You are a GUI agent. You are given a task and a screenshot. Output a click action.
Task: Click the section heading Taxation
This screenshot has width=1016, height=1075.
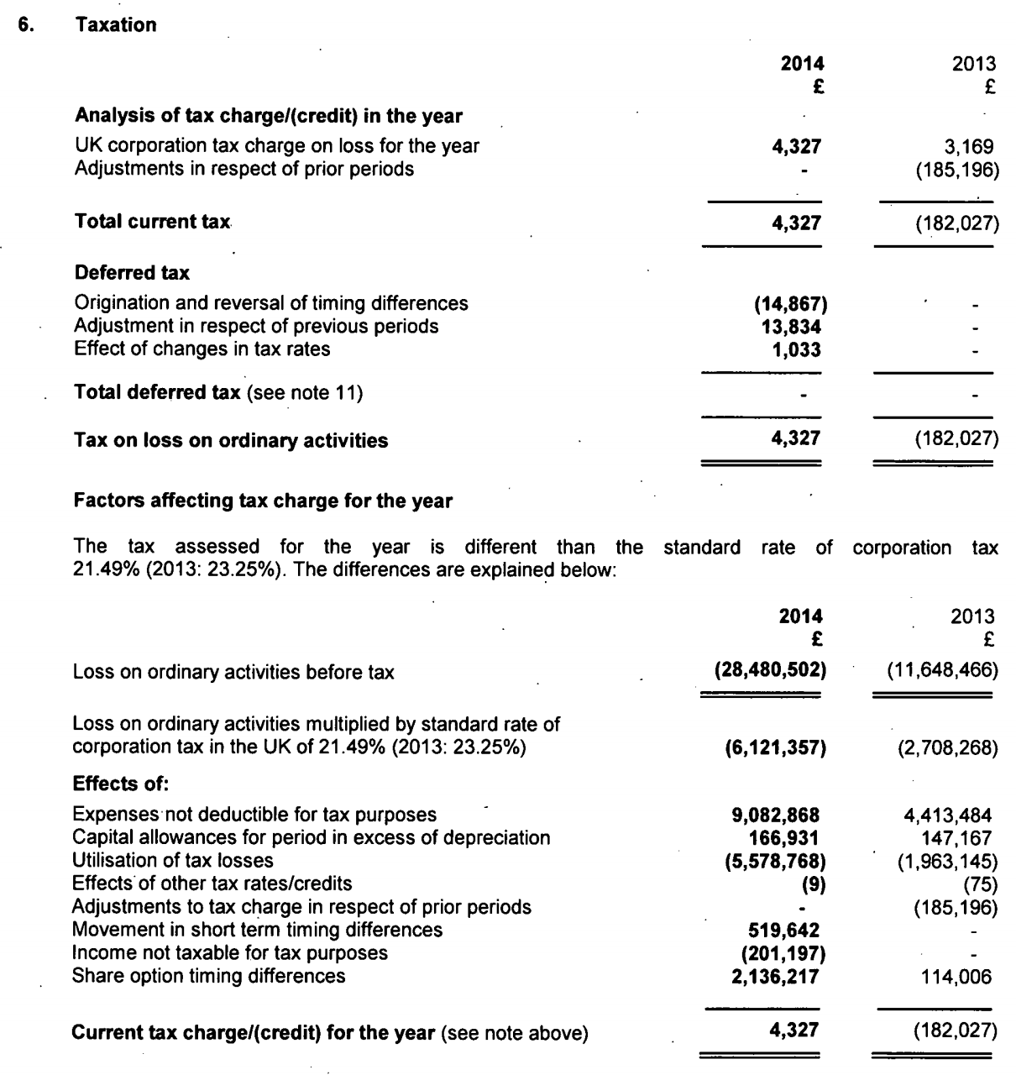pyautogui.click(x=116, y=25)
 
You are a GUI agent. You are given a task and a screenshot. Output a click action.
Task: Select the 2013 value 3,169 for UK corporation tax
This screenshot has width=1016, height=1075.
pyautogui.click(x=971, y=146)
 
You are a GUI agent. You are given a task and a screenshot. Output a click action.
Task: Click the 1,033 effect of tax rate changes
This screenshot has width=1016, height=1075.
pyautogui.click(x=796, y=349)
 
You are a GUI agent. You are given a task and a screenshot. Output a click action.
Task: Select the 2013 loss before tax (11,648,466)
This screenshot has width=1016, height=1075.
pyautogui.click(x=942, y=671)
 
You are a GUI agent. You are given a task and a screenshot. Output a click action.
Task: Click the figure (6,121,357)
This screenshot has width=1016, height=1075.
pyautogui.click(x=775, y=747)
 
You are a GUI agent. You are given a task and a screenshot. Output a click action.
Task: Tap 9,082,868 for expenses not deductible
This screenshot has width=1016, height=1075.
pyautogui.click(x=775, y=815)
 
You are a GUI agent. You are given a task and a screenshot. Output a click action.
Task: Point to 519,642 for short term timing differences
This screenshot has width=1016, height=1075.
pyautogui.click(x=783, y=930)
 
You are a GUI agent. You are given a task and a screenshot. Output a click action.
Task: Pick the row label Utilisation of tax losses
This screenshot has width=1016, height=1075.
pyautogui.click(x=173, y=860)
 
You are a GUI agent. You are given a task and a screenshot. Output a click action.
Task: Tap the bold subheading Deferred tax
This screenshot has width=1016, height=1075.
pyautogui.click(x=132, y=273)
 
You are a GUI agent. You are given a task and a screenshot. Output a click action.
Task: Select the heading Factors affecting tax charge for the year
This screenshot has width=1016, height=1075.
pyautogui.click(x=263, y=501)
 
